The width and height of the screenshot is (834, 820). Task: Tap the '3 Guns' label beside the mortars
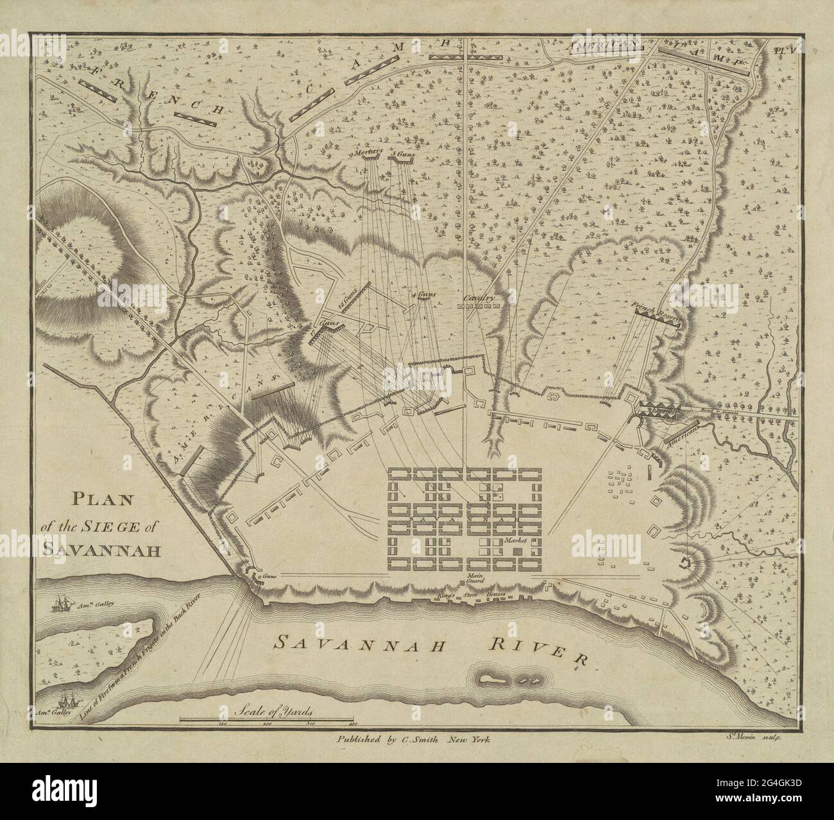401,154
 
